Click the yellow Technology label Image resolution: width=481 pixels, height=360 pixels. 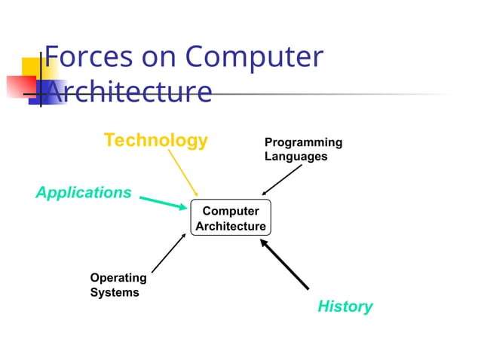coord(155,140)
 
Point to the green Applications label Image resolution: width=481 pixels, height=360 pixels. coord(84,193)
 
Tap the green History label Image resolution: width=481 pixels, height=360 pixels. coord(345,307)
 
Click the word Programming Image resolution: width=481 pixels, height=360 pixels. coord(303,142)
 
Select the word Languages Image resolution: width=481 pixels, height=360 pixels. coord(296,157)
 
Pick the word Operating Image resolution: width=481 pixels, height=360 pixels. coord(118,278)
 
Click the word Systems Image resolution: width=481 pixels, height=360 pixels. coord(115,292)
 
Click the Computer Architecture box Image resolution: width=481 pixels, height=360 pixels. coord(231,218)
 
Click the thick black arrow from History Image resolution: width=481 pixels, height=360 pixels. coord(285,265)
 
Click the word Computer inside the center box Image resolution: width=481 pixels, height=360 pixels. coord(231,211)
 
